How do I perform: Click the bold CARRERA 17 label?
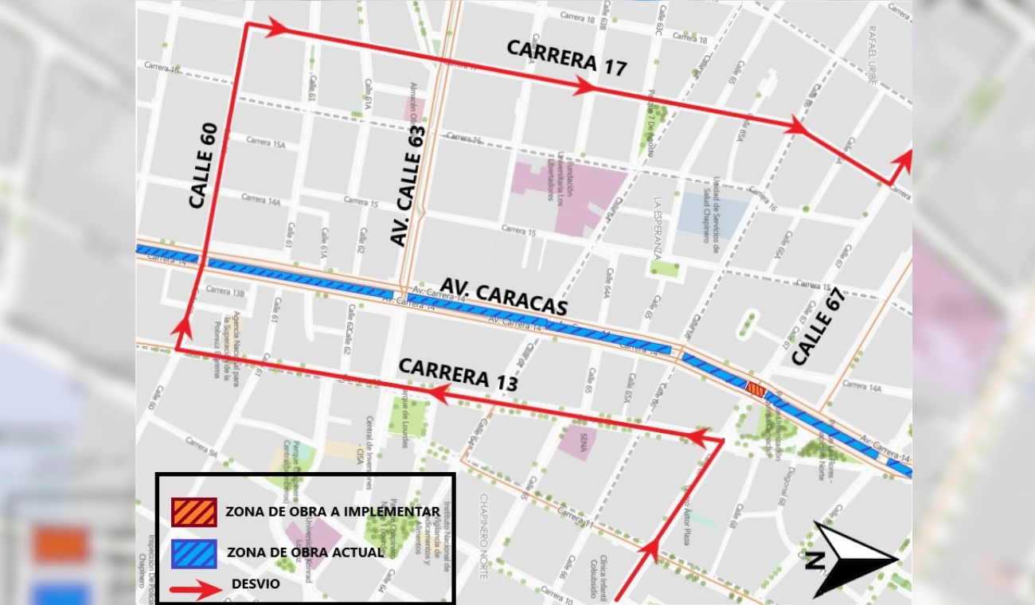(x=566, y=57)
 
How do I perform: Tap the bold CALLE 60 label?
(x=204, y=166)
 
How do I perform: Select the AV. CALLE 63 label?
(x=408, y=185)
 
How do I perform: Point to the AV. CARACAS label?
(x=503, y=297)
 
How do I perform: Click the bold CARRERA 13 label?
(x=458, y=374)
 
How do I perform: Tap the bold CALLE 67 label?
(x=818, y=326)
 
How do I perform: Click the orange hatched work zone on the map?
(x=756, y=389)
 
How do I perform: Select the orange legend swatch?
(x=193, y=512)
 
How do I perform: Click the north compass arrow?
(x=854, y=559)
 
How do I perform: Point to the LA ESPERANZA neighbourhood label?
(x=658, y=228)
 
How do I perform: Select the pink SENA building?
(x=577, y=442)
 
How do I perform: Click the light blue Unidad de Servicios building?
(x=713, y=213)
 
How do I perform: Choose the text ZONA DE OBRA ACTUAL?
(x=305, y=552)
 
